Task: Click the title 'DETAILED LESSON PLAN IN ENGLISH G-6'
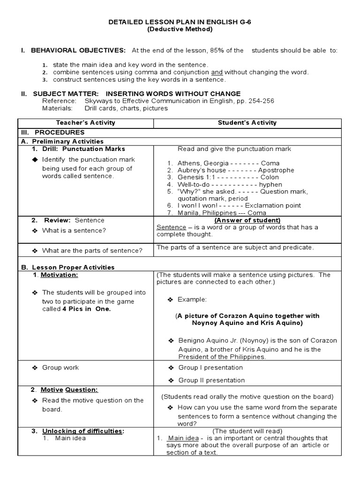tap(180, 22)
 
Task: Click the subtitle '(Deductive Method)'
tap(180, 29)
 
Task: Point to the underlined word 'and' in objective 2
tap(217, 72)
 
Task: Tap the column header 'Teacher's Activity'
tap(86, 123)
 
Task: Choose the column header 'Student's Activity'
tap(247, 123)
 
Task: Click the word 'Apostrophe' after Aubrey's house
tap(276, 170)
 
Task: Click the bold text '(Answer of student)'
tap(247, 220)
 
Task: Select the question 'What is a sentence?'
tap(74, 230)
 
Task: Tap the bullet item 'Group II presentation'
tap(211, 380)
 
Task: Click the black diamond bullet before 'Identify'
tap(34, 160)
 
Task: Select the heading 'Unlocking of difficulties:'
tap(83, 431)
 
